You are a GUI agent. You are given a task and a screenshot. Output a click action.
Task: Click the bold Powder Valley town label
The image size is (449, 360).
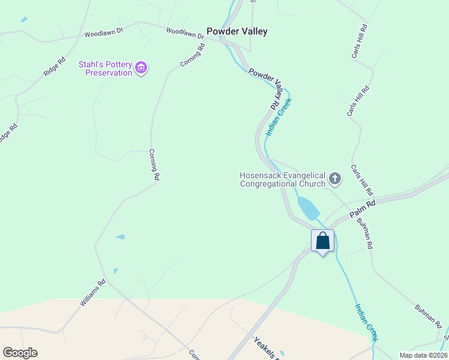pos(237,31)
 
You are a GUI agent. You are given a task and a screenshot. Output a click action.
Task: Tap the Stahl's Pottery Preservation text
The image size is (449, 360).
pos(105,68)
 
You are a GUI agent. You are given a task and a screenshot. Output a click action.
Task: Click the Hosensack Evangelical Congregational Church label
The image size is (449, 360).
pos(282,179)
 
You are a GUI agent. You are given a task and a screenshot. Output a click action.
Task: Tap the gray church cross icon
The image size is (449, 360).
pos(334,179)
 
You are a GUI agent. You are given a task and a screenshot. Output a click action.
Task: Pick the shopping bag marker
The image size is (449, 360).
pos(323,241)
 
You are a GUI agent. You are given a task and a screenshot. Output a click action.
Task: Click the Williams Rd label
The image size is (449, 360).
pos(93,293)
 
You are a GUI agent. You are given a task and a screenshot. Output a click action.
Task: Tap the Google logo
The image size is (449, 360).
pos(20,353)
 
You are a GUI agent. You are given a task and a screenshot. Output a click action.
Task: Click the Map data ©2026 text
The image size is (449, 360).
pos(424,355)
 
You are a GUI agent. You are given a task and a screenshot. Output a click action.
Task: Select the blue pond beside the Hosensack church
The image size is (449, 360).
pos(308,208)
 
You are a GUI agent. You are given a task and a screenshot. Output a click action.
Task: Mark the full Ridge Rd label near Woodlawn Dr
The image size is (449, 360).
pos(54,66)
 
